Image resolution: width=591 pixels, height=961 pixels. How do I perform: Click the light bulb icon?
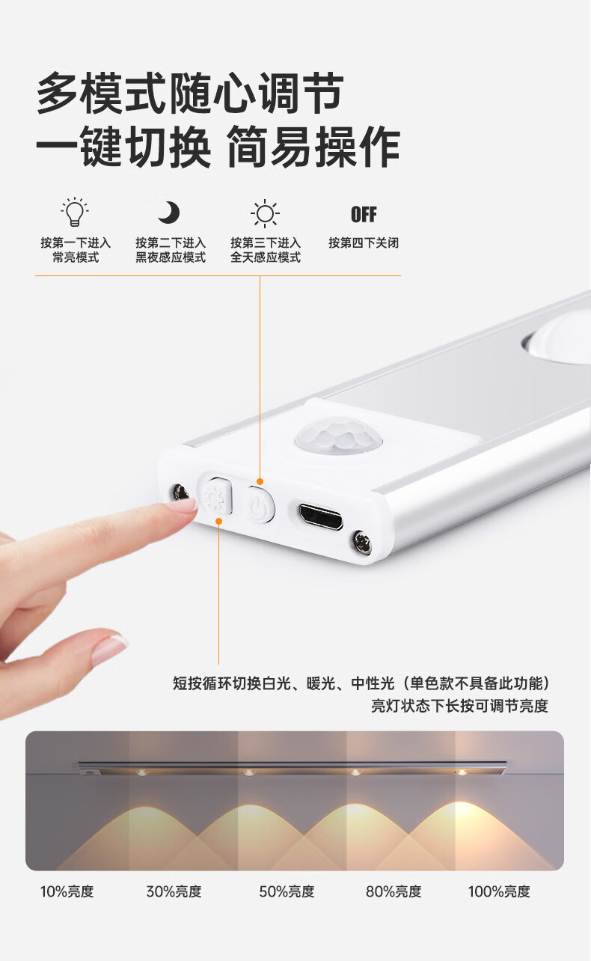[75, 212]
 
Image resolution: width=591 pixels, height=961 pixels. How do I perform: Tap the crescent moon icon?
[168, 213]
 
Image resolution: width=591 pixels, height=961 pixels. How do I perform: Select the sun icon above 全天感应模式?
[265, 213]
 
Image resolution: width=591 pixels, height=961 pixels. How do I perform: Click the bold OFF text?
[364, 215]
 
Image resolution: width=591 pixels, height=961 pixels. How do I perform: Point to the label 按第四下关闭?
[364, 242]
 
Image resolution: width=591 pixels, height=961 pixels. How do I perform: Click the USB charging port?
[321, 517]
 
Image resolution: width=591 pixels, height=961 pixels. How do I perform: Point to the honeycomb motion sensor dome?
[338, 434]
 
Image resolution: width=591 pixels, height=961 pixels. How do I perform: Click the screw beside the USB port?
[362, 543]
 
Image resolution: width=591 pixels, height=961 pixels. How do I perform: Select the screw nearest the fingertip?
[180, 492]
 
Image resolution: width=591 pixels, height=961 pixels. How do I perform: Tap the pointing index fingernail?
[183, 506]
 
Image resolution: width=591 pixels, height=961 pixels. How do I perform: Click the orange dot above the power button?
[260, 482]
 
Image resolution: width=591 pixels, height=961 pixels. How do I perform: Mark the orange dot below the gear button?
[218, 521]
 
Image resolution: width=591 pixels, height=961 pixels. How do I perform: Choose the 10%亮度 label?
[67, 891]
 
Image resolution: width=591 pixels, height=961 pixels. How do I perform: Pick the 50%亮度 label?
[287, 891]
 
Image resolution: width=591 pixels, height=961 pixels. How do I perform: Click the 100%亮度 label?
[499, 891]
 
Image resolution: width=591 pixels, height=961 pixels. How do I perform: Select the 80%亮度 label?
[394, 891]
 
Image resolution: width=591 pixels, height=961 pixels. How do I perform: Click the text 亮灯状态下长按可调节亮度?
[460, 705]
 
